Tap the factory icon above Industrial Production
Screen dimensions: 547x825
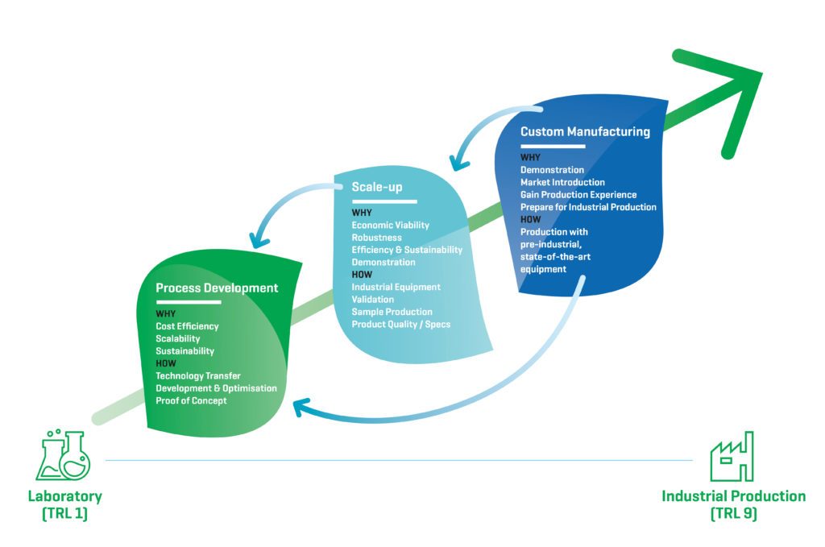(732, 457)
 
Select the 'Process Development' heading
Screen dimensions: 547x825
(217, 288)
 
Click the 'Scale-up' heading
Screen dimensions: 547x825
(378, 187)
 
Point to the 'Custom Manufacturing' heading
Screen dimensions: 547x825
(585, 131)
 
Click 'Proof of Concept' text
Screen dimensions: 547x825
(191, 400)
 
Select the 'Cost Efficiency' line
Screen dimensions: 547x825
(187, 326)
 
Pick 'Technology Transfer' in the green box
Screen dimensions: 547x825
(198, 375)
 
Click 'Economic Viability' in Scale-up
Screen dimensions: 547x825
(391, 225)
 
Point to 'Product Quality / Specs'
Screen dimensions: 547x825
(401, 324)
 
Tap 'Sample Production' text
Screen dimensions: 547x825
(392, 312)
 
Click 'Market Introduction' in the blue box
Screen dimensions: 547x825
(562, 182)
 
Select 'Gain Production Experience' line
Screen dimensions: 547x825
(578, 195)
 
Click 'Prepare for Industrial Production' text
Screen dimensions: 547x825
(588, 207)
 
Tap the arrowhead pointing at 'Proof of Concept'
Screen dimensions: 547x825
(300, 408)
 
